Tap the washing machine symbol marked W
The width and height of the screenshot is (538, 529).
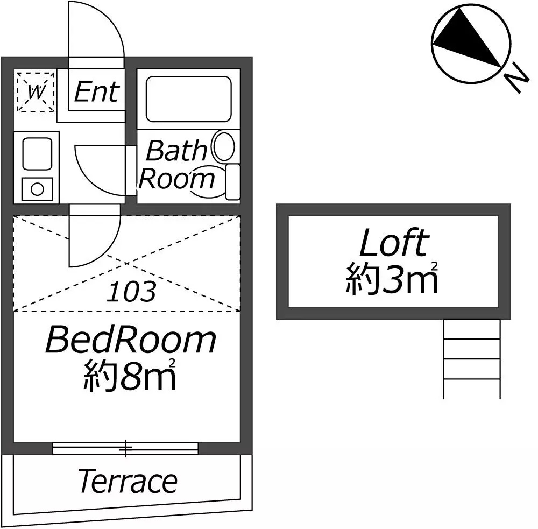point(36,91)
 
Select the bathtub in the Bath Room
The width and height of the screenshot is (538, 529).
point(188,98)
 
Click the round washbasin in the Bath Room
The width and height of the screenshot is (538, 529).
point(223,147)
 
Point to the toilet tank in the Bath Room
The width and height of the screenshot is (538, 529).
point(232,182)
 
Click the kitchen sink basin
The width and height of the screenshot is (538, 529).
point(37,152)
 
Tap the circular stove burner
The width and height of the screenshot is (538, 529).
point(37,189)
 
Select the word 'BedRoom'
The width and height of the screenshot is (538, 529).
point(130,340)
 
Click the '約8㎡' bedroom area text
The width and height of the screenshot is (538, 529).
point(129,377)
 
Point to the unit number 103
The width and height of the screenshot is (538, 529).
point(131,292)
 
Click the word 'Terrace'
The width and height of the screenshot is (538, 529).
point(128,481)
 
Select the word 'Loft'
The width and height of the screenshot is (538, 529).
point(393,243)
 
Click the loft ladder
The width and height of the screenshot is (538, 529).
point(471,358)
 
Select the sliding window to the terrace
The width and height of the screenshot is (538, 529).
point(125,448)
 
